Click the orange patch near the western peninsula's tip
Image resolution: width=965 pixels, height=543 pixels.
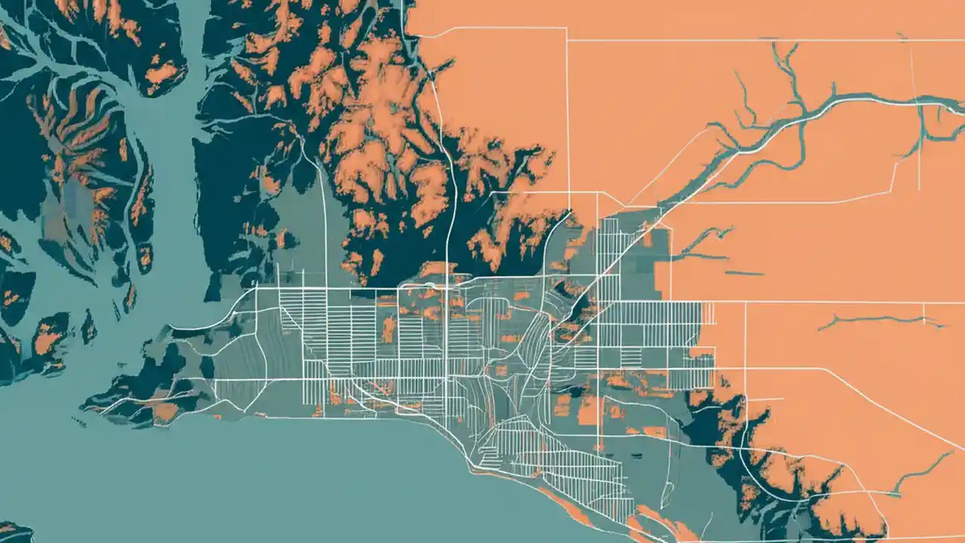[x=163, y=412]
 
